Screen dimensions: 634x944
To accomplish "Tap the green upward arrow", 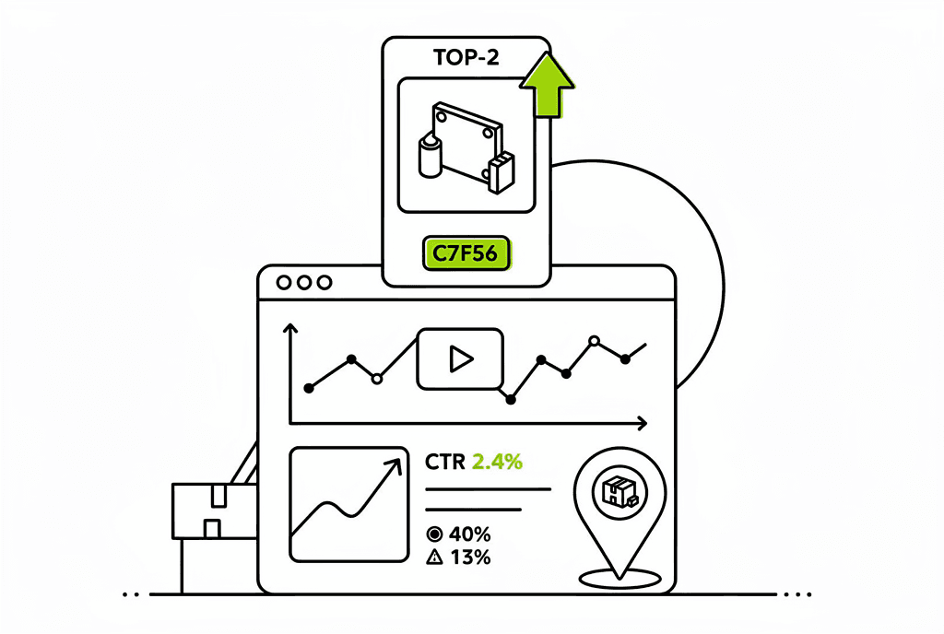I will [547, 86].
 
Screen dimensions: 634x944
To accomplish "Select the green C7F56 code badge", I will [466, 253].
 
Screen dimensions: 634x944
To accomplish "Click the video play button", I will [459, 358].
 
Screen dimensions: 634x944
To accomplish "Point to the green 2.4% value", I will [497, 462].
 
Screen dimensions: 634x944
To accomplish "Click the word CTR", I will [445, 462].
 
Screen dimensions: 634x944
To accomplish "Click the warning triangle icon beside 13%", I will [435, 557].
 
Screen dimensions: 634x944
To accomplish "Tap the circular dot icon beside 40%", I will [435, 534].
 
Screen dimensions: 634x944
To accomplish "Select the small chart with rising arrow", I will [348, 504].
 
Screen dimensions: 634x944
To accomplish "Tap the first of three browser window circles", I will [283, 283].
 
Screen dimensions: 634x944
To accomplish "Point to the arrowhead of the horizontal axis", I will [640, 423].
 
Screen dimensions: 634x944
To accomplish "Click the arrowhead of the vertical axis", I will [290, 329].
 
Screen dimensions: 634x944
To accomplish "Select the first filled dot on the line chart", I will [309, 388].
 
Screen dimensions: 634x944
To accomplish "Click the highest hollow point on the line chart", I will [594, 341].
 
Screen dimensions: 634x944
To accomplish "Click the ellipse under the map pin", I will [619, 578].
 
